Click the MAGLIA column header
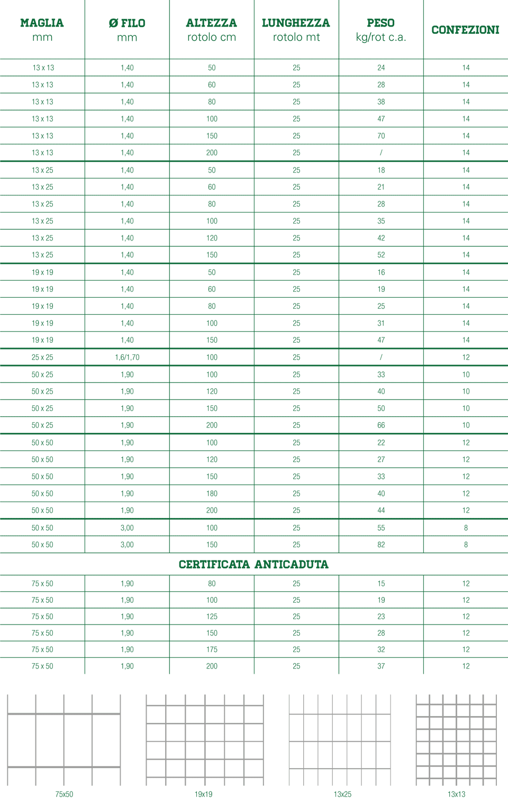click(x=42, y=30)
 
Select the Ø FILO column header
click(x=127, y=30)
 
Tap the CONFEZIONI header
click(x=465, y=30)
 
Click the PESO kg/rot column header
click(x=381, y=30)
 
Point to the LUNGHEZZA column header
click(x=296, y=30)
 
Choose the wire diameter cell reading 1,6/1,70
click(x=127, y=358)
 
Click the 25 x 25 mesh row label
click(x=42, y=358)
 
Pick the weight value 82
click(x=381, y=545)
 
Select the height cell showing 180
click(x=212, y=494)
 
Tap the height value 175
click(x=212, y=649)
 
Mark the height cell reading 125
click(x=212, y=617)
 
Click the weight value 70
click(x=381, y=136)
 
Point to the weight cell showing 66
click(x=381, y=425)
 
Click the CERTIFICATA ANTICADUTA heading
click(x=253, y=565)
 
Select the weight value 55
click(x=381, y=528)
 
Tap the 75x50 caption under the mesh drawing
click(x=64, y=795)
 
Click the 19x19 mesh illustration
click(x=204, y=740)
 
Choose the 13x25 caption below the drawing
click(x=342, y=795)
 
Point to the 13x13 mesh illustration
click(x=456, y=740)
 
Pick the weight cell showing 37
click(x=381, y=666)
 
